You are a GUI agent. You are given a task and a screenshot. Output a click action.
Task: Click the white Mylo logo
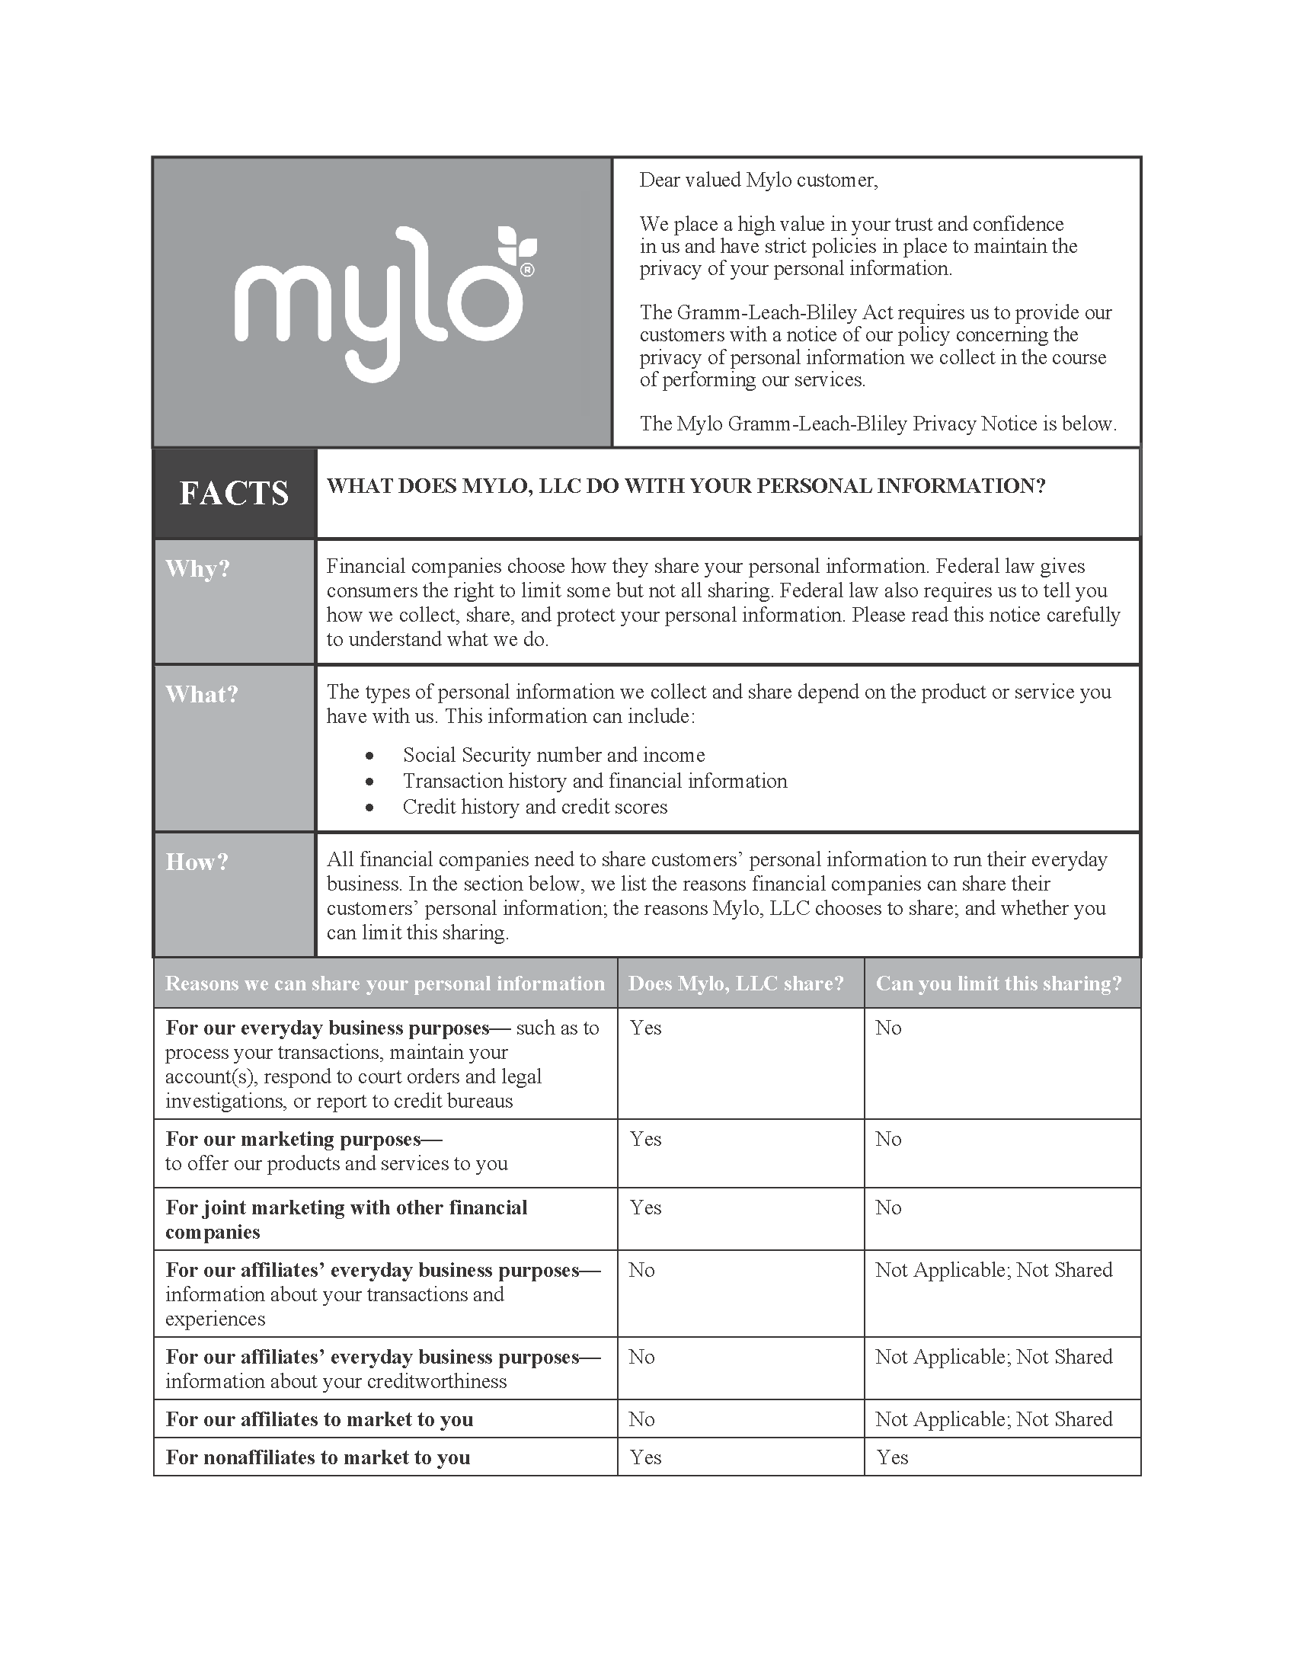[384, 302]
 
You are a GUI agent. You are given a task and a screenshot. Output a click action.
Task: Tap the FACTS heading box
[234, 493]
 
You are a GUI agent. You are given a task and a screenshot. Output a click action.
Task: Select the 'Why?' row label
[198, 568]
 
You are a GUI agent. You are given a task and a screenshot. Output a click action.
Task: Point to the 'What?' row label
[202, 694]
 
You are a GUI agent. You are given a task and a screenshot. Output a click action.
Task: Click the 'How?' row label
[197, 862]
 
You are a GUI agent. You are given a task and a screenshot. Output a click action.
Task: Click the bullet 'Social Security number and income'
[553, 755]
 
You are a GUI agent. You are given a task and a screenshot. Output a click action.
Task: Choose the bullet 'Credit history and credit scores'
[535, 807]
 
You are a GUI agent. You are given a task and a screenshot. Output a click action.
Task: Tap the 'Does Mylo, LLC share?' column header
[736, 983]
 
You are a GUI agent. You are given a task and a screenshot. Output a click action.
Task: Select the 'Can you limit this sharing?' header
[998, 983]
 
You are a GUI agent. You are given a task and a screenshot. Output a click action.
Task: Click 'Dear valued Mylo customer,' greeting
[758, 180]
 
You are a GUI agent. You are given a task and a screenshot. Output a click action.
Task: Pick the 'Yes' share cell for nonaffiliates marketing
[645, 1457]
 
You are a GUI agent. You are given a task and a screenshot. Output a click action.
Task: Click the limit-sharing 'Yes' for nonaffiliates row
[892, 1457]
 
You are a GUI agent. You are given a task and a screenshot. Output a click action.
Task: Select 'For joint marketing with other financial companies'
[346, 1220]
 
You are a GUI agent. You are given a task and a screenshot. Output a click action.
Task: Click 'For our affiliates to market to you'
[319, 1419]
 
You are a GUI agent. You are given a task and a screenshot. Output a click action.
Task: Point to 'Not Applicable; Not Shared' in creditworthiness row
[993, 1356]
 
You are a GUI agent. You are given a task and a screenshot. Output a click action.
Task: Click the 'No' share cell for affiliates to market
[641, 1419]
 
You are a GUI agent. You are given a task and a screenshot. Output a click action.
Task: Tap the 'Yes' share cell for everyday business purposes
[645, 1028]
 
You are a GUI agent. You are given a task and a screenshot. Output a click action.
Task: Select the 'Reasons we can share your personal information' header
[385, 983]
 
